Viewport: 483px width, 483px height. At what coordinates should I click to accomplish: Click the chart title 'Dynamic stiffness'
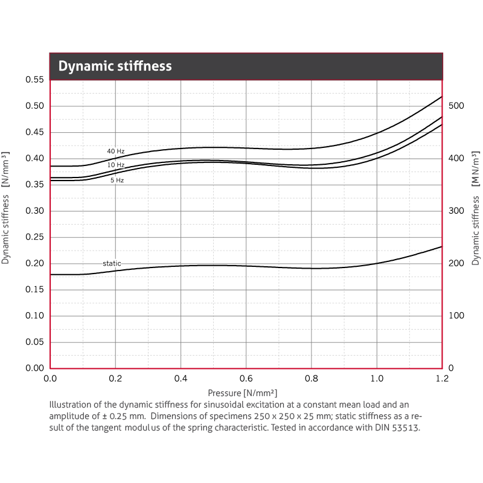pos(115,66)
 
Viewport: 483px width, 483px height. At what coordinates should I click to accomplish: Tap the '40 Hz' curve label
pos(116,151)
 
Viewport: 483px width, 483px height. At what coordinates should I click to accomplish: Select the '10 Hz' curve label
pos(116,165)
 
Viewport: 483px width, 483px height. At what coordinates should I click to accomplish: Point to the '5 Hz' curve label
pos(117,181)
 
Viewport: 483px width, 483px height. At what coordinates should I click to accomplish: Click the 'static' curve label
pos(112,264)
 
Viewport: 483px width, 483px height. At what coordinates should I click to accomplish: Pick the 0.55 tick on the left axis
pos(34,80)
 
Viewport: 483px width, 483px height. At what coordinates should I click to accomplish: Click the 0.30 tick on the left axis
pos(34,211)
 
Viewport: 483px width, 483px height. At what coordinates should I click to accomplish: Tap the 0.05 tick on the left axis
pos(34,342)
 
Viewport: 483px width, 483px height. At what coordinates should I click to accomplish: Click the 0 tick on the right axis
pos(450,368)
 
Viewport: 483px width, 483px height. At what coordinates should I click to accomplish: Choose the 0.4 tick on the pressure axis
pos(181,379)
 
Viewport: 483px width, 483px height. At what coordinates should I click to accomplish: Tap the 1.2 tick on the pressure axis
pos(442,379)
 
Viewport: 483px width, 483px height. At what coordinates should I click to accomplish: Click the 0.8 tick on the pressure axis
pos(312,379)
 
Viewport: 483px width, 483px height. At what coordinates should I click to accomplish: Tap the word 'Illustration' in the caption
pos(70,405)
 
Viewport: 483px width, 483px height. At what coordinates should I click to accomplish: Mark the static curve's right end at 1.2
pos(442,246)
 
